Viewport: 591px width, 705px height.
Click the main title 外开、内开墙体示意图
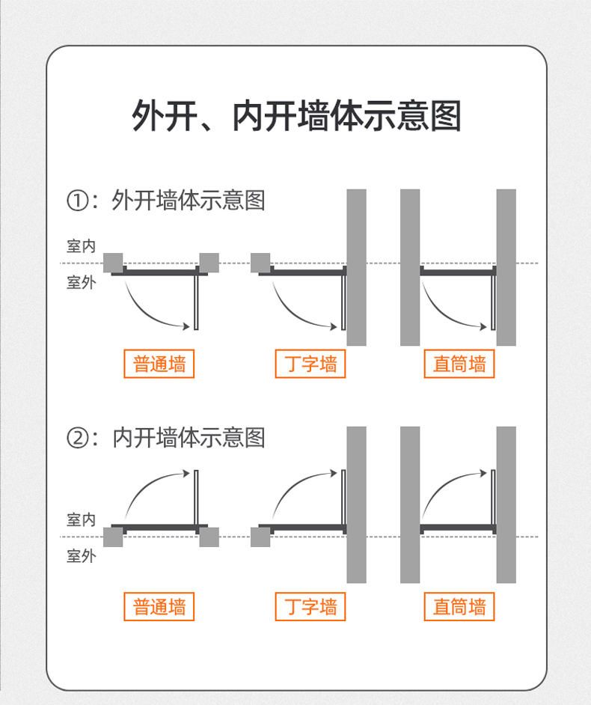tap(296, 116)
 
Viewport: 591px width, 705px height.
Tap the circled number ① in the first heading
tap(79, 201)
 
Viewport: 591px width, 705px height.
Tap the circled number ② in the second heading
tap(79, 438)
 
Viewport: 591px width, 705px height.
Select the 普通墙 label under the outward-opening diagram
tap(159, 364)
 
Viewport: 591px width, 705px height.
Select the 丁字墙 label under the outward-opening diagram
tap(310, 364)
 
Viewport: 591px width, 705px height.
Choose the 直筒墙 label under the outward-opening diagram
tap(459, 364)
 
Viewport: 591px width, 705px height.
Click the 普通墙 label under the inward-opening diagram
tap(159, 606)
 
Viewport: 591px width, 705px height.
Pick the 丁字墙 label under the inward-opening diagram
tap(310, 606)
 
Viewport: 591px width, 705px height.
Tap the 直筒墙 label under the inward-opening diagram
tap(459, 606)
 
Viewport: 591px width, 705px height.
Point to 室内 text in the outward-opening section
tap(81, 246)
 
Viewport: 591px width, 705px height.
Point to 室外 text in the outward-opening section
tap(81, 282)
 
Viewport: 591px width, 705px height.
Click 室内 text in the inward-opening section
tap(81, 519)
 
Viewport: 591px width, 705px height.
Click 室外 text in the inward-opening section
tap(81, 556)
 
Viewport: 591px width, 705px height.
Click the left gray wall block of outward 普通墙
tap(113, 263)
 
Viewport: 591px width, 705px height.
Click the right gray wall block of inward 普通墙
tap(209, 537)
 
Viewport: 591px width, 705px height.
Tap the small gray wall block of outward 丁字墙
tap(260, 263)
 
